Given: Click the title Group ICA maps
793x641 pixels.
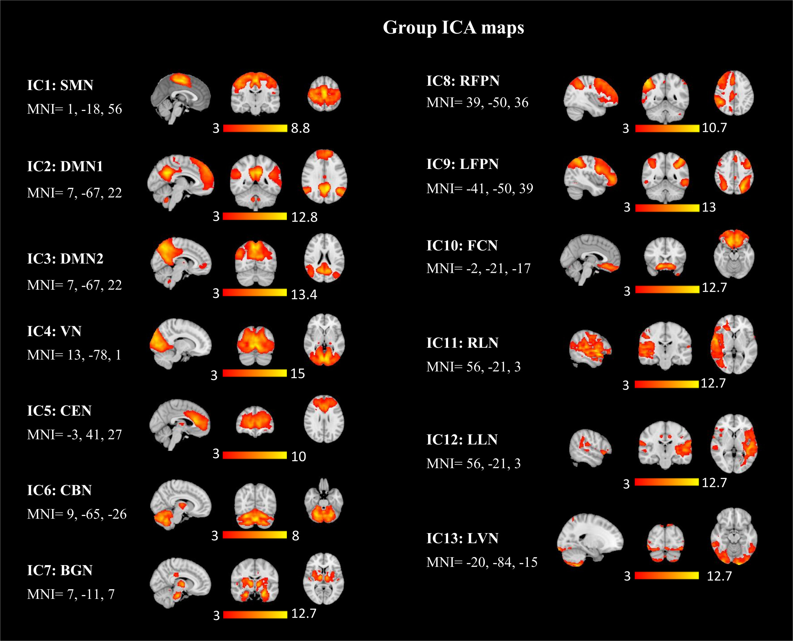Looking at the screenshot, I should tap(453, 28).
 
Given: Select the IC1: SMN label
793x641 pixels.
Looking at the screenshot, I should tap(60, 85).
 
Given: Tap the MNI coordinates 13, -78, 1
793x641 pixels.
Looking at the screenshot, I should tap(74, 355).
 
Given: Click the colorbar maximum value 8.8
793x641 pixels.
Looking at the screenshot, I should tap(300, 128).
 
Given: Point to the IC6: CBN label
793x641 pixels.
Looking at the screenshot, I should tap(59, 490).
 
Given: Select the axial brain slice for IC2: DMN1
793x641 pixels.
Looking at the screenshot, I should tap(324, 176).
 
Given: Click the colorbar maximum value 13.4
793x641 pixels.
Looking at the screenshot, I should tap(304, 295).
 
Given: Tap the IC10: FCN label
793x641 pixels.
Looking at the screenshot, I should tap(462, 245).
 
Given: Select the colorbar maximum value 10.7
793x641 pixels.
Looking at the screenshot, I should tap(715, 128).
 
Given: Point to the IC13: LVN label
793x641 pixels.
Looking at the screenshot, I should tap(462, 538).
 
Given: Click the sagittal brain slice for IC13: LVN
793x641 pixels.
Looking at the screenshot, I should tap(590, 539).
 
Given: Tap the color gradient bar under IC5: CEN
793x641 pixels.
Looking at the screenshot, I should tap(255, 455).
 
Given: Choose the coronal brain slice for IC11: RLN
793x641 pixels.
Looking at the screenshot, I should tap(665, 345).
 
